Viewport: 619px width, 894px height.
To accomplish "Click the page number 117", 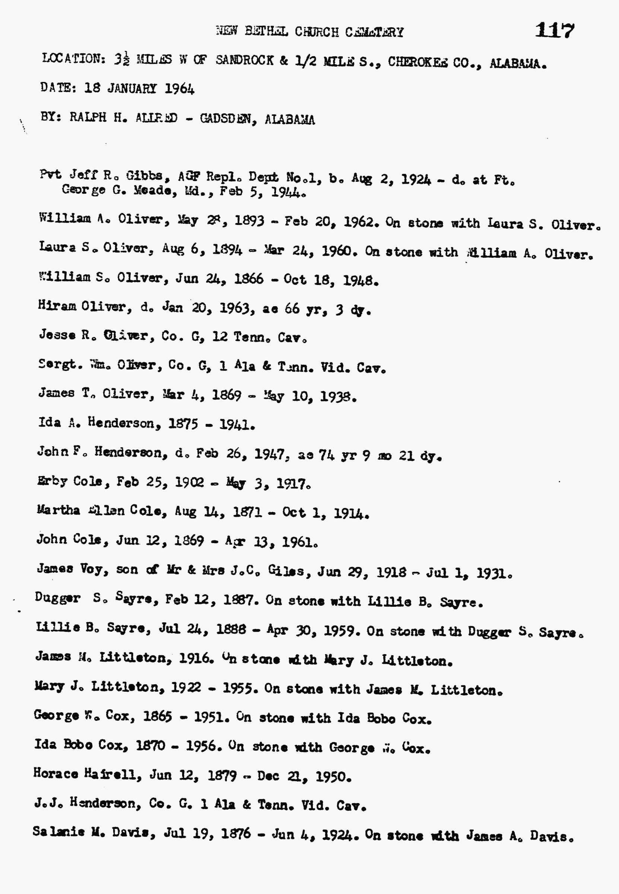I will pyautogui.click(x=554, y=30).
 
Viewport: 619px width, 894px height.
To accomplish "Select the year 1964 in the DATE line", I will pyautogui.click(x=179, y=89).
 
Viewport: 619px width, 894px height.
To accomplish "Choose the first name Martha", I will pyautogui.click(x=58, y=510).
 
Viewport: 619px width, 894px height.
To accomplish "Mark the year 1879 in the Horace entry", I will pyautogui.click(x=222, y=775).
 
